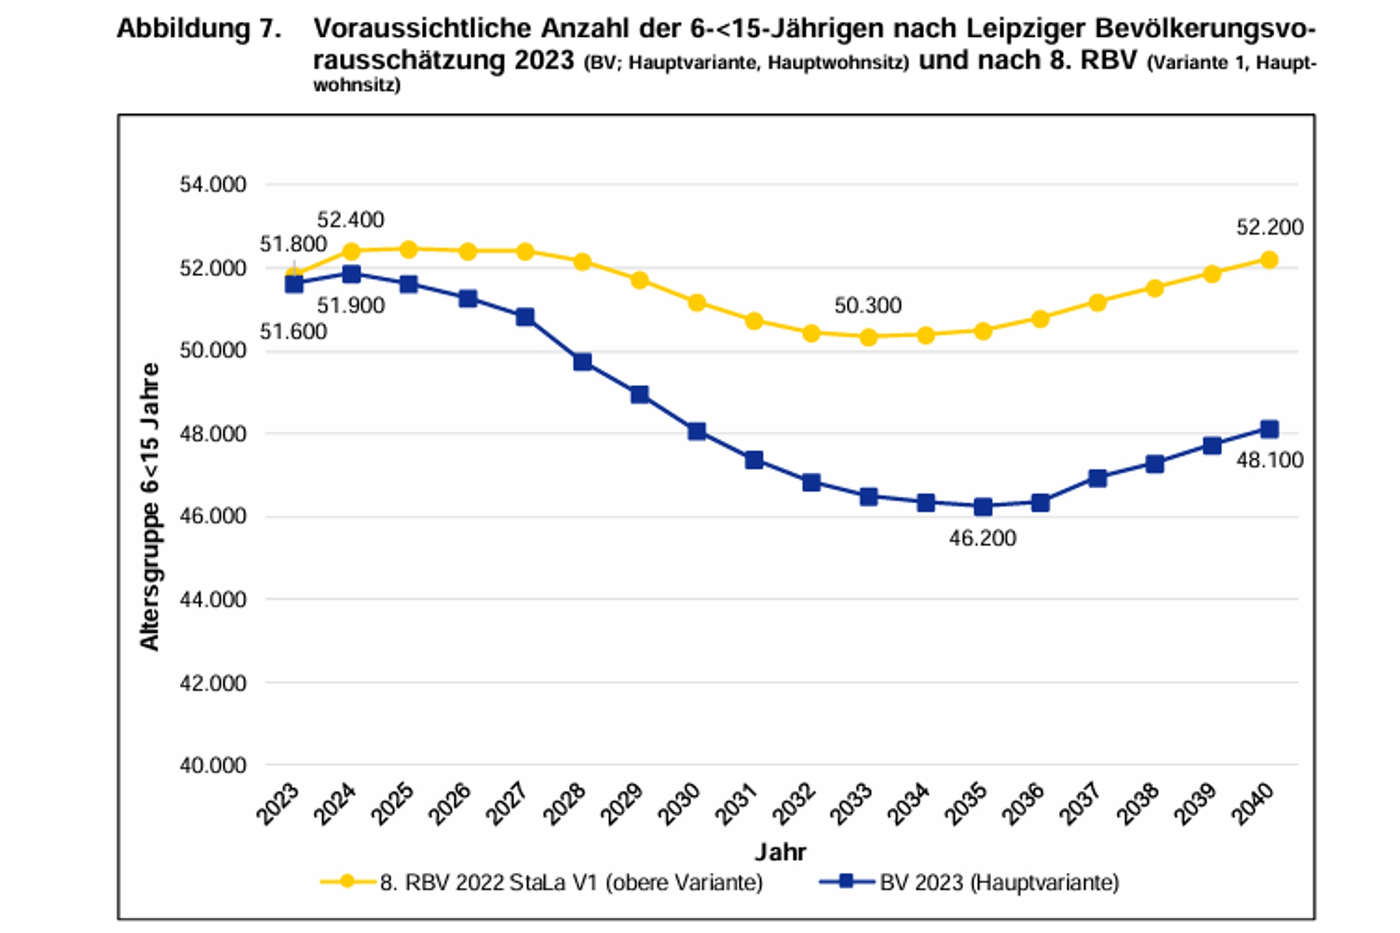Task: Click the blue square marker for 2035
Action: (982, 507)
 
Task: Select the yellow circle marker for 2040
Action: (1269, 260)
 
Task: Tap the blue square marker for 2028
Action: (582, 362)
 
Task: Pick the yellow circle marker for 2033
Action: (869, 337)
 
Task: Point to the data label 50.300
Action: (867, 305)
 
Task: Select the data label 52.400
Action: (350, 220)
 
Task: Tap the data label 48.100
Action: (1269, 460)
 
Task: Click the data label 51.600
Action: (293, 332)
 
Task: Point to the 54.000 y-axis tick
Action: (213, 185)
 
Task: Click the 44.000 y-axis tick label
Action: (213, 600)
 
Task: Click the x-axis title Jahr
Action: (780, 852)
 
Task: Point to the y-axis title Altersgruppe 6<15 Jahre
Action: (149, 507)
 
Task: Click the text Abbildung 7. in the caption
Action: (199, 29)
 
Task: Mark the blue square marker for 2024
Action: (352, 274)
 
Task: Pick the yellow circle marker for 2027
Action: (525, 252)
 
